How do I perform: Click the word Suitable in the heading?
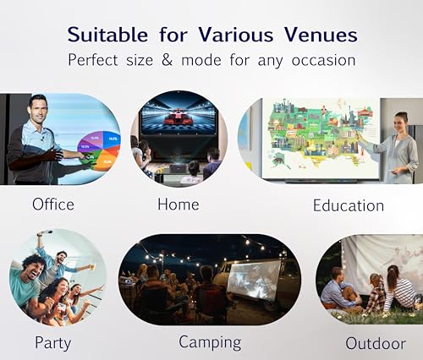click(107, 35)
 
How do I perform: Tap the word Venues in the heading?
click(321, 35)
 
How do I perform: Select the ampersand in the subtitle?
click(167, 60)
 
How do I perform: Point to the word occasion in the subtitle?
click(323, 61)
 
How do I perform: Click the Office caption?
click(53, 204)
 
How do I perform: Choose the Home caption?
click(179, 204)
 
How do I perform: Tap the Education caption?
click(349, 205)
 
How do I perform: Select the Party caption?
click(52, 343)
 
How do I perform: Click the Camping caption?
click(210, 342)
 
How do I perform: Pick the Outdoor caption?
click(376, 343)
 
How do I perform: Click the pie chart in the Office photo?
click(99, 151)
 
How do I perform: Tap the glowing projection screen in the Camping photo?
click(254, 281)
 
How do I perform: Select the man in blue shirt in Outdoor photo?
click(338, 290)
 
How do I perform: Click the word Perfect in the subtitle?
click(93, 60)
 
